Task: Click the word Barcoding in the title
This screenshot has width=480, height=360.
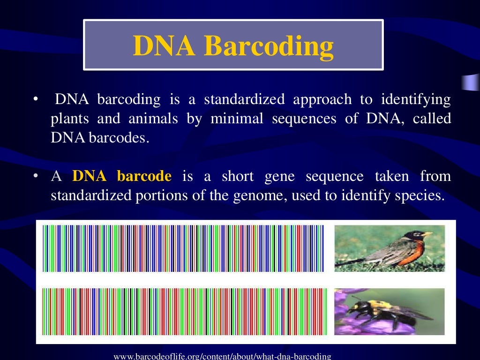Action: [270, 46]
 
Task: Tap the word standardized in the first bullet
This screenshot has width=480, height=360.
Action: [244, 100]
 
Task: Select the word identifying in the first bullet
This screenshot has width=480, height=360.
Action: [416, 100]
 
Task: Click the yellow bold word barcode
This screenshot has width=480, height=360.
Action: [144, 177]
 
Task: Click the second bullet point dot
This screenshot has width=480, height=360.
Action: [35, 177]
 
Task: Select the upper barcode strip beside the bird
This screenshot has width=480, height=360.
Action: [183, 248]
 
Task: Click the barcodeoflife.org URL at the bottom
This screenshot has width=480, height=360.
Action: [222, 356]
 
